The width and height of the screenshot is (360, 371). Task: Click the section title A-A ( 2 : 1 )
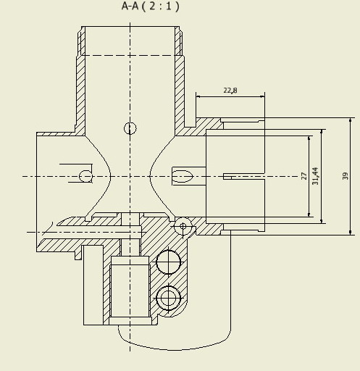151,6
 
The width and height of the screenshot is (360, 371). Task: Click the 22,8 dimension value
230,91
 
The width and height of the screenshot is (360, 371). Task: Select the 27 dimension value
304,176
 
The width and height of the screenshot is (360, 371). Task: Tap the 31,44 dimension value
315,176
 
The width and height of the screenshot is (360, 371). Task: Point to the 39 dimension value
346,176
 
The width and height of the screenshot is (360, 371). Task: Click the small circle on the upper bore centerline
130,128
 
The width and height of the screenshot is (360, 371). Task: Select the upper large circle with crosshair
168,262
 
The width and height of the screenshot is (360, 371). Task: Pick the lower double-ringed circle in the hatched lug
168,298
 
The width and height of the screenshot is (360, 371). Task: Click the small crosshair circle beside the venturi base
183,226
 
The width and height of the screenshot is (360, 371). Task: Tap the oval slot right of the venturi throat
183,176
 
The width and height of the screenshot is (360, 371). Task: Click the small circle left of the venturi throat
85,176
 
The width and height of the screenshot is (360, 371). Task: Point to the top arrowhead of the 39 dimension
351,120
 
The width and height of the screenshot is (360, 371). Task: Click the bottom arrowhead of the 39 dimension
351,232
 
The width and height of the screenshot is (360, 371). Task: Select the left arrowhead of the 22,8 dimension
198,96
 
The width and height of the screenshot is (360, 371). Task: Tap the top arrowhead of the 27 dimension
309,138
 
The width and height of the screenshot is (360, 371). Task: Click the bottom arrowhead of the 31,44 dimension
321,221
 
